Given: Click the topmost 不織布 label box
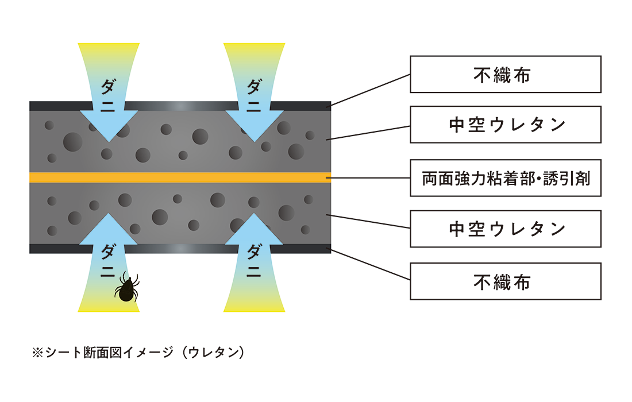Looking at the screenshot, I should [505, 74].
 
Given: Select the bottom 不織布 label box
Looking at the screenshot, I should [505, 281].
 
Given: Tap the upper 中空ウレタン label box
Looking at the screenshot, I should [505, 125].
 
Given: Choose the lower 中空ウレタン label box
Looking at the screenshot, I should [505, 229].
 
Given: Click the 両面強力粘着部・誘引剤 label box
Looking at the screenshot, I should [505, 178].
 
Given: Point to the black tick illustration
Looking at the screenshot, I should [127, 288].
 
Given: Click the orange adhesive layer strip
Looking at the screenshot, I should [172, 177].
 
